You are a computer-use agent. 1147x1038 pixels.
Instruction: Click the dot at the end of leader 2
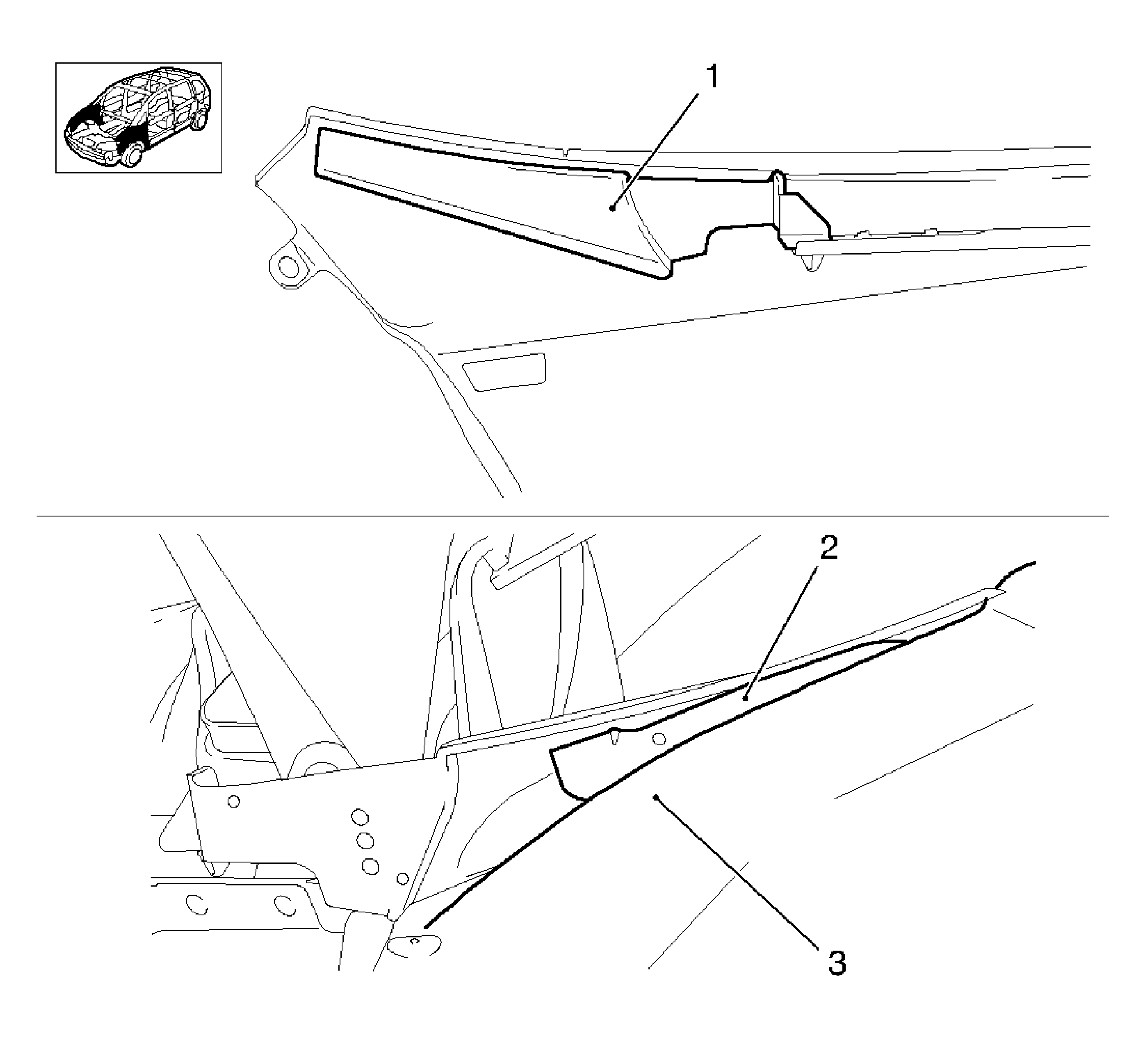pos(745,699)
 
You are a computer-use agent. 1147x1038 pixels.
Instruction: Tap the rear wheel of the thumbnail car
pos(199,121)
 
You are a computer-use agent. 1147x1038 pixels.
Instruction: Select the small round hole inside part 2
pos(659,739)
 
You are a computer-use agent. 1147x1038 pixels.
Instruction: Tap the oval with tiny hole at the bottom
pos(415,945)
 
